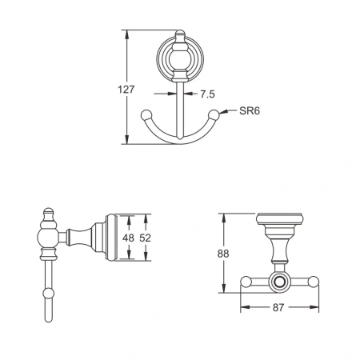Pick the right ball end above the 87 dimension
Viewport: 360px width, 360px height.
tap(314, 282)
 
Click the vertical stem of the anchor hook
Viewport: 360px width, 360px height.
tap(181, 112)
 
